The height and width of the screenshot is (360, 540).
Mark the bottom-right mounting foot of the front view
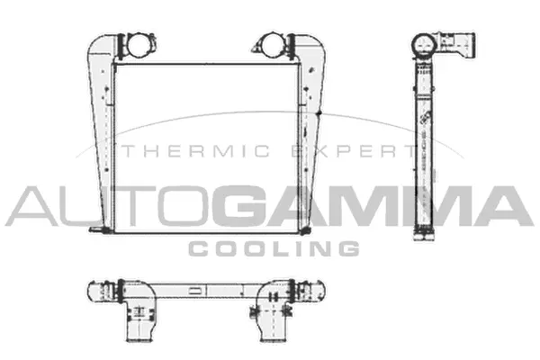click(306, 231)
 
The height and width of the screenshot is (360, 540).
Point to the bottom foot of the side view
click(424, 236)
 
